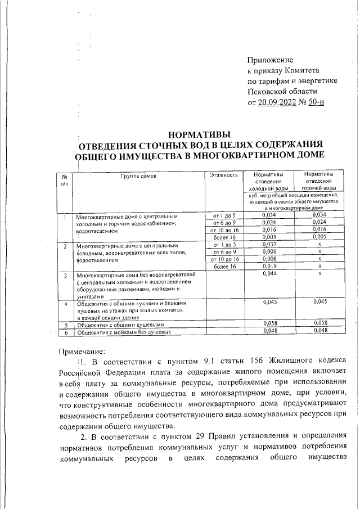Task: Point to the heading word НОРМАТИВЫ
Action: click(200, 134)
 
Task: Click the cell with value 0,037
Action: click(271, 245)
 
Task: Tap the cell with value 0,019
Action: click(271, 267)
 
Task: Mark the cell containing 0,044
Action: click(271, 274)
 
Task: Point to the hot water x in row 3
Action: click(318, 274)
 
